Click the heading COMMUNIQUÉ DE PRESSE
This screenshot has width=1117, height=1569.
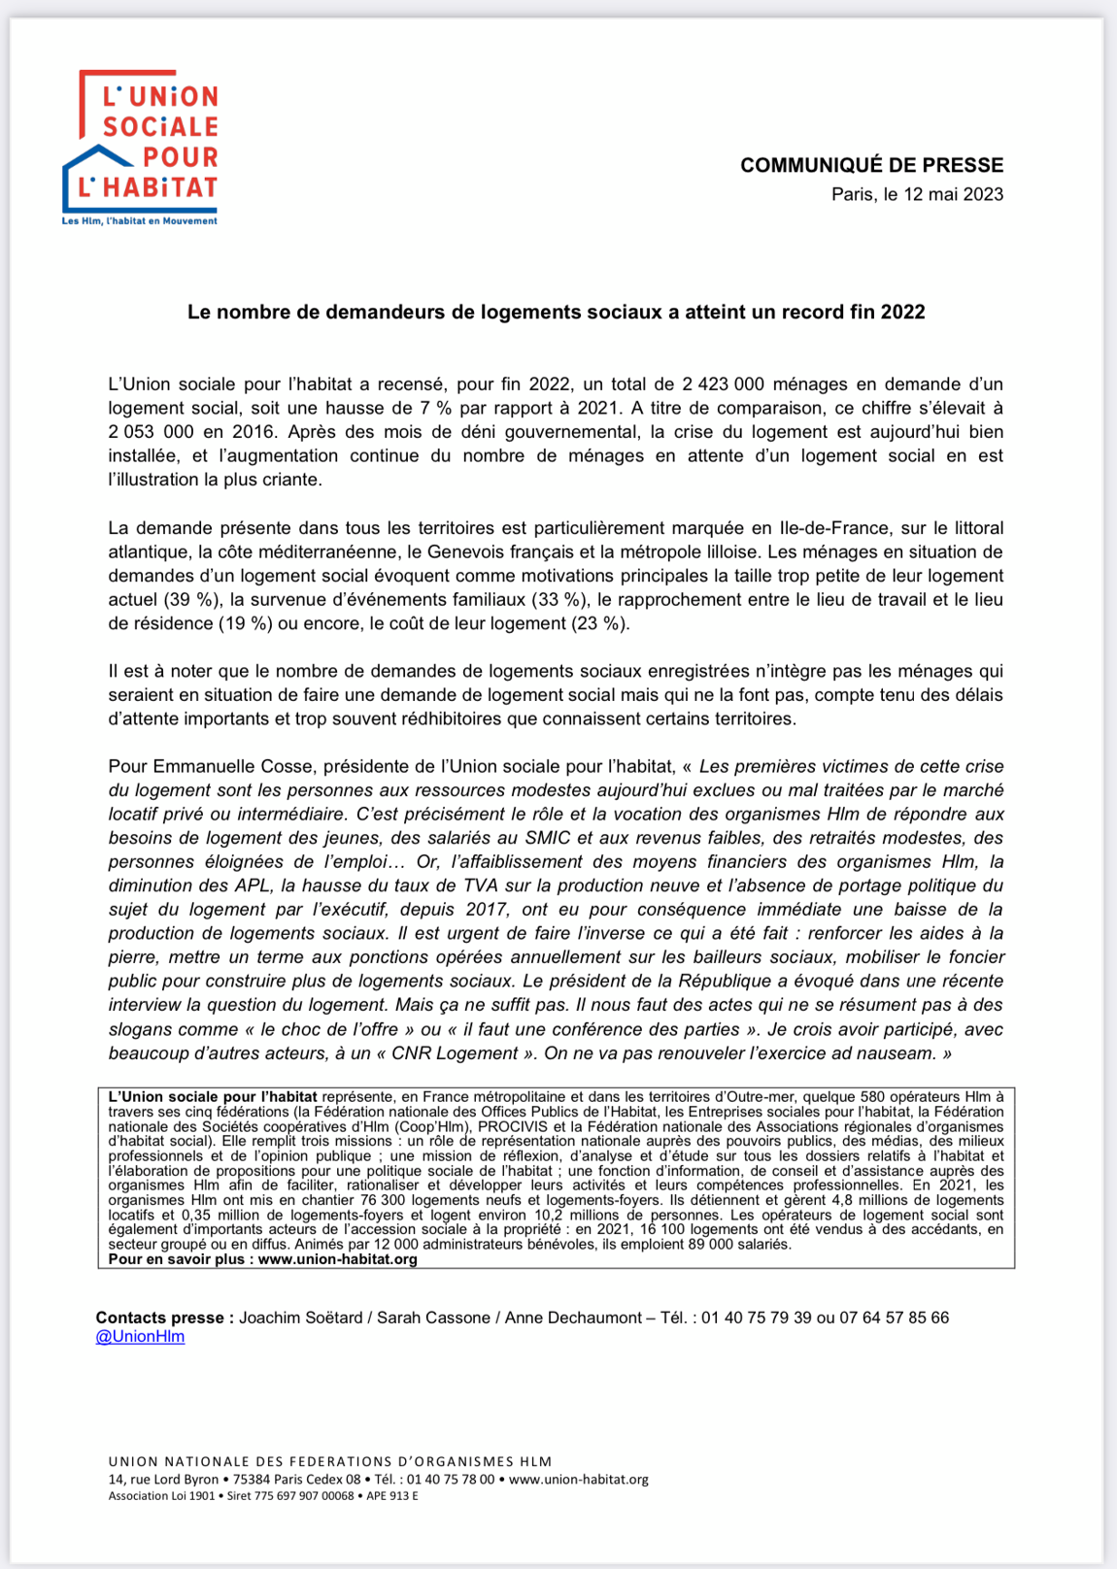pyautogui.click(x=871, y=165)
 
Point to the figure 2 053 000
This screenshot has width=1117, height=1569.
pyautogui.click(x=153, y=432)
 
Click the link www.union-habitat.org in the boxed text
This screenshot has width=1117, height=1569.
pyautogui.click(x=337, y=1259)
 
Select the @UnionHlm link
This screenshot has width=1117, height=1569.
pyautogui.click(x=140, y=1337)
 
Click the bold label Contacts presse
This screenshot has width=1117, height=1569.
pyautogui.click(x=164, y=1318)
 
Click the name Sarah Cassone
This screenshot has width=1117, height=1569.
pyautogui.click(x=433, y=1318)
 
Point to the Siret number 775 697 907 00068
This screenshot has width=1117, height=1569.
pyautogui.click(x=303, y=1496)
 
